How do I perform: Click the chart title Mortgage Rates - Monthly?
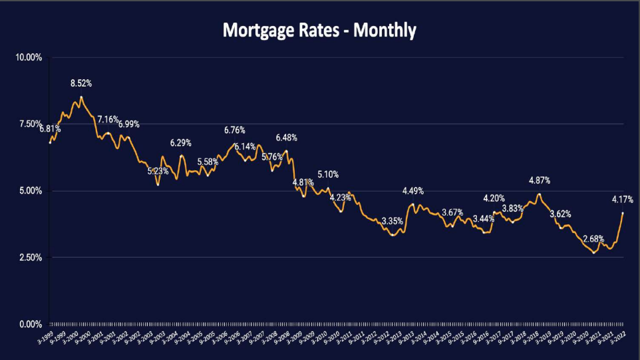[319, 31]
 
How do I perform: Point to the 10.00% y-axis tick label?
[29, 58]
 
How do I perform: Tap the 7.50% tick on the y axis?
[29, 124]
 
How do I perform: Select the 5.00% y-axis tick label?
[29, 191]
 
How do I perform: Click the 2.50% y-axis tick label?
[29, 258]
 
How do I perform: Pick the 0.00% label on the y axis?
[29, 324]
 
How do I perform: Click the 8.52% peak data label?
[81, 84]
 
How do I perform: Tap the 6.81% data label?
[50, 128]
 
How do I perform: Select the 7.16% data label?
[108, 120]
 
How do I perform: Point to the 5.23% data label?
[158, 171]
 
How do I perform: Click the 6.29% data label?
[181, 143]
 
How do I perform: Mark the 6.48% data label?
[286, 138]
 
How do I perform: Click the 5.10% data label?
[328, 174]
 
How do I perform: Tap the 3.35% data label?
[393, 221]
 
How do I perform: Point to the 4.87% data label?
[540, 180]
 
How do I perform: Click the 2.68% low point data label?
[593, 239]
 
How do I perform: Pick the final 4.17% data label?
[623, 199]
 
